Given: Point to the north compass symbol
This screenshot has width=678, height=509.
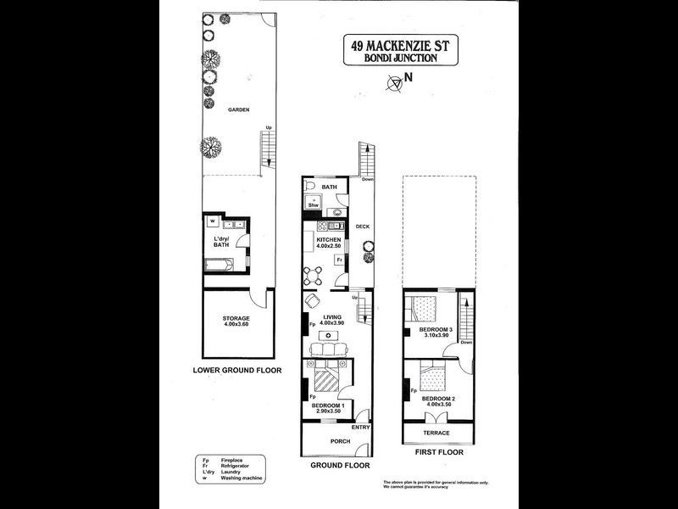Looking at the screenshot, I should pos(394,81).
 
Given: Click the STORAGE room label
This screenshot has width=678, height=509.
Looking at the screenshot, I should pos(236,319).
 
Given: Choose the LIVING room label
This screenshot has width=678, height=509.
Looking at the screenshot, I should pos(327,317).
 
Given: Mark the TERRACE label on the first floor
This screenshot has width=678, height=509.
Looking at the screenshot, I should pos(437,433).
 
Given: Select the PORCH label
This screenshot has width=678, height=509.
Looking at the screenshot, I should pos(327,442).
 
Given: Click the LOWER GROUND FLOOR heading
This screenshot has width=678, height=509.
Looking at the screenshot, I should pos(236,371).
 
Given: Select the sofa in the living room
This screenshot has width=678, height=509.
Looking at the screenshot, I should pos(326,350).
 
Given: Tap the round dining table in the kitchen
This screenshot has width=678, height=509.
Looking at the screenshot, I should pos(315,274).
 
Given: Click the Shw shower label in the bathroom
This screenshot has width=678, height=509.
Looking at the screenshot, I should pos(312,205).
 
